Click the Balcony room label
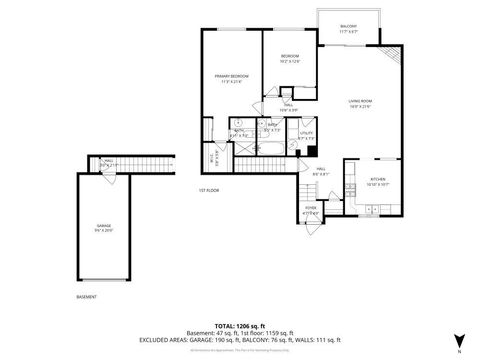pos(348,28)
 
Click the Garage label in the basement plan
pos(104,228)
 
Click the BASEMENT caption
pos(86,297)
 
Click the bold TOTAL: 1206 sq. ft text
pos(239,326)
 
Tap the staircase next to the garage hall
pos(134,163)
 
